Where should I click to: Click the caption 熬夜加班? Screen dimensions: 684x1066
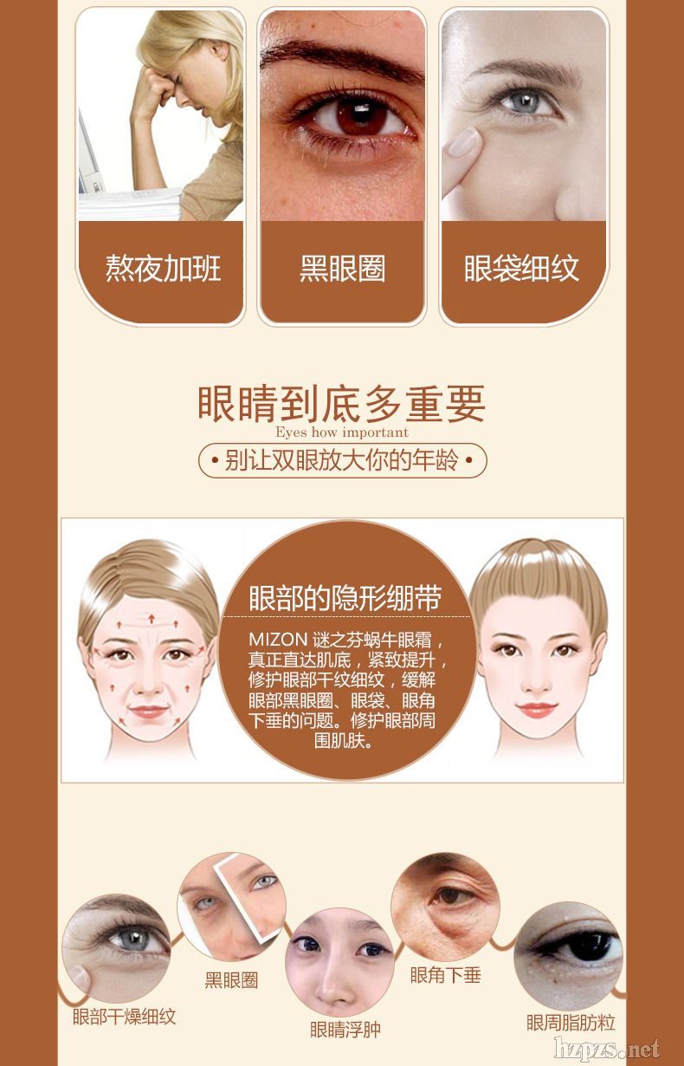click(x=163, y=269)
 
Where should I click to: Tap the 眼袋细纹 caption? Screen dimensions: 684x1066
click(x=521, y=269)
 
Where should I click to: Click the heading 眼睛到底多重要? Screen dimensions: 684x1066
click(x=341, y=404)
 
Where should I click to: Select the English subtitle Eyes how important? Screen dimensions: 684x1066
click(x=342, y=432)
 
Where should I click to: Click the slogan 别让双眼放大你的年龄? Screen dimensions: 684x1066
click(x=342, y=460)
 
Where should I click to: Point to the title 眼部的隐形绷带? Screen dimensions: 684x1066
click(x=345, y=598)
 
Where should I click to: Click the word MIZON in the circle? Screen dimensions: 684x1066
click(x=278, y=639)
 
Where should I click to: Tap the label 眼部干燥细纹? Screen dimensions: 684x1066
click(x=124, y=1017)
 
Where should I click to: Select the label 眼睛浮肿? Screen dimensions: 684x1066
click(x=345, y=1030)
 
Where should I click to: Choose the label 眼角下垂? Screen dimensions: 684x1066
click(x=445, y=975)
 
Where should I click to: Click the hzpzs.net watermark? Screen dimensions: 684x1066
click(x=607, y=1050)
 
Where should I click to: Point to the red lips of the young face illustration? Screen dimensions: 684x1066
click(x=537, y=710)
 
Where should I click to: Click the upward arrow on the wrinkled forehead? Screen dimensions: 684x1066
click(x=152, y=618)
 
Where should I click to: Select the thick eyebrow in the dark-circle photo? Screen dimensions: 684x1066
click(x=341, y=60)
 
